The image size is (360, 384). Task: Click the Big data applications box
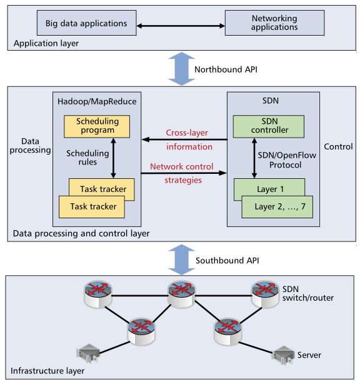tap(86, 23)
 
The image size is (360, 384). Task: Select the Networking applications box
tap(274, 23)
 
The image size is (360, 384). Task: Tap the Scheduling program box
tap(97, 126)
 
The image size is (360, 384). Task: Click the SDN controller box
tap(269, 126)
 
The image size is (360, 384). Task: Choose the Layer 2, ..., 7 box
tap(277, 206)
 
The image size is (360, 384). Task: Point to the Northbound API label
tap(226, 69)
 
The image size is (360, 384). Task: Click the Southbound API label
tap(227, 261)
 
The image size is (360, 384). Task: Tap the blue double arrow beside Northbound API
tap(182, 69)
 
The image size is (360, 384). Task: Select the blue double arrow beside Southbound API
tap(182, 260)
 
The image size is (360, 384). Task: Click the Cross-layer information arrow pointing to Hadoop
tap(184, 139)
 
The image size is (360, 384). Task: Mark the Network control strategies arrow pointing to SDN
tap(184, 173)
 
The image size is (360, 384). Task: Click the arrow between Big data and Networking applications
tap(181, 26)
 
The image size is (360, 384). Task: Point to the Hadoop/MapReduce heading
tap(97, 101)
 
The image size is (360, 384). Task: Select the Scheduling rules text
tap(87, 158)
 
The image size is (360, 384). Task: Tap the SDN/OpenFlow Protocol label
tap(287, 160)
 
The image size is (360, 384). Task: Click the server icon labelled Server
tap(282, 355)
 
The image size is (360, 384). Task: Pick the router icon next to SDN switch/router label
tap(265, 294)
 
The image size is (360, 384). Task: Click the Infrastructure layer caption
tap(47, 371)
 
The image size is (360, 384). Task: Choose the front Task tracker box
tap(92, 206)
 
